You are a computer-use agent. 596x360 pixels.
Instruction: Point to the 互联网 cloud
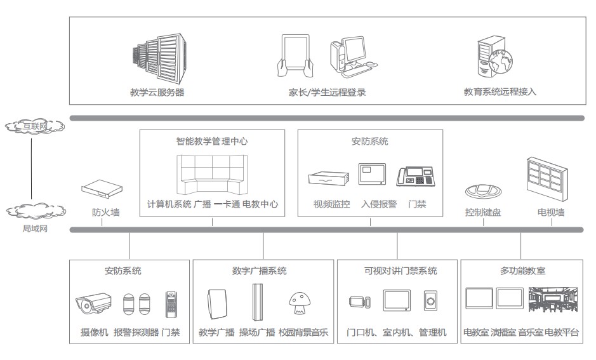pyautogui.click(x=34, y=126)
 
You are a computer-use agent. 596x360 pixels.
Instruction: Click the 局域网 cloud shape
pyautogui.click(x=34, y=210)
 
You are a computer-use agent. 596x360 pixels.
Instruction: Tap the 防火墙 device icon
pyautogui.click(x=100, y=189)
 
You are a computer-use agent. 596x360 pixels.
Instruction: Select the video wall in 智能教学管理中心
pyautogui.click(x=211, y=174)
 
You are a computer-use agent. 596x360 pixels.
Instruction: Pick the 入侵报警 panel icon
pyautogui.click(x=372, y=174)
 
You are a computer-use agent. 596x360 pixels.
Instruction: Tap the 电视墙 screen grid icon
pyautogui.click(x=546, y=177)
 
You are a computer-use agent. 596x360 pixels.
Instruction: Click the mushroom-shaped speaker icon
pyautogui.click(x=298, y=303)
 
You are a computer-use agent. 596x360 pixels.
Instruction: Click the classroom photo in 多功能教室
pyautogui.click(x=553, y=300)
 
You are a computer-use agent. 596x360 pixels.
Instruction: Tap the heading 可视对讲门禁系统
pyautogui.click(x=397, y=271)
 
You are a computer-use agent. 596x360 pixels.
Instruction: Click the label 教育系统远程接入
pyautogui.click(x=500, y=91)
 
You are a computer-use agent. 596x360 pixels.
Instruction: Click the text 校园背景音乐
pyautogui.click(x=303, y=332)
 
